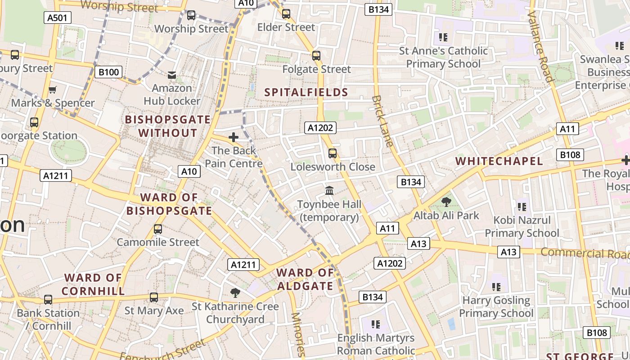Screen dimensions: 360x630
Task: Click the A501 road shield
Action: coord(58,18)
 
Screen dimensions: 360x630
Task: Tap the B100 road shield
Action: coord(108,72)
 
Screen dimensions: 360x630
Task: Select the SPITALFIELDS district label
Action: coord(306,93)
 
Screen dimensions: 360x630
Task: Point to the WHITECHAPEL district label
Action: coord(499,161)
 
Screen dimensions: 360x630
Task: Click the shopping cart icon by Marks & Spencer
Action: coord(52,90)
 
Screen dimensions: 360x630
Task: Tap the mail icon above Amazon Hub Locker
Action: coord(172,75)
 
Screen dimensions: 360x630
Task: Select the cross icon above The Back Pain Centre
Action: coord(234,137)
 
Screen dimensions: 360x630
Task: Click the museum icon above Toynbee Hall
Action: coord(329,191)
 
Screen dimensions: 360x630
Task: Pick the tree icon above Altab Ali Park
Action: coord(446,202)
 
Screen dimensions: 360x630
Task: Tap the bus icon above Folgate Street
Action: coord(316,56)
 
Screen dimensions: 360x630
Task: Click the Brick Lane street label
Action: coord(383,121)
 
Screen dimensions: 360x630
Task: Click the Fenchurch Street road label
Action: coord(163,351)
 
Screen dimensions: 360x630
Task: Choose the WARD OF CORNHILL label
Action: coord(93,284)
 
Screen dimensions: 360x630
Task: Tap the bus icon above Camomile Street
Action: coord(157,229)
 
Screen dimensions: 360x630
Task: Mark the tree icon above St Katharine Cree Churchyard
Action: coord(235,293)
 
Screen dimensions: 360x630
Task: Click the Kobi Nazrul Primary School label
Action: coord(522,227)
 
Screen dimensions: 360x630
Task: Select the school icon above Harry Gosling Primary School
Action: coord(496,287)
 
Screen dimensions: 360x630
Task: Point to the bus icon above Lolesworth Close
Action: coord(333,153)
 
